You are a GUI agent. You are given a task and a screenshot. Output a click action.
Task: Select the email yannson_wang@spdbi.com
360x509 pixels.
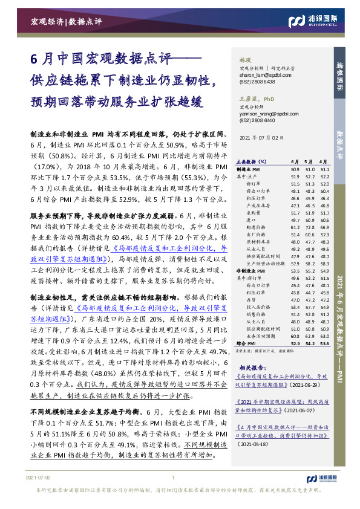258,113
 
